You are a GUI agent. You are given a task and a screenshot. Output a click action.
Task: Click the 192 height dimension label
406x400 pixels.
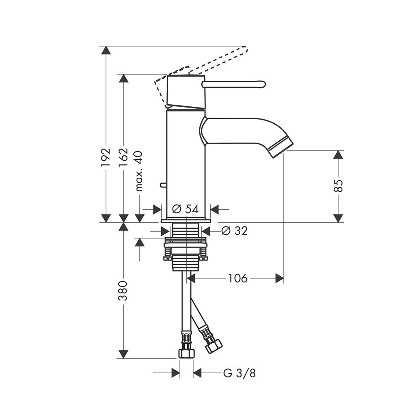(x=106, y=157)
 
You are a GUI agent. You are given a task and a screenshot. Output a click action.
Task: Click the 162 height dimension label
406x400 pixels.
(x=123, y=157)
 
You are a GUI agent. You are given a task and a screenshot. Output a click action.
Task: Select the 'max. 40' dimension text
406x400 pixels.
(x=139, y=171)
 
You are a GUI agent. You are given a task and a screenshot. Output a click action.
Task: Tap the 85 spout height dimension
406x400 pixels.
(x=338, y=186)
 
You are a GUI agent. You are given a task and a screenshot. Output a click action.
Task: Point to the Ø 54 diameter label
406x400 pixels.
(x=186, y=209)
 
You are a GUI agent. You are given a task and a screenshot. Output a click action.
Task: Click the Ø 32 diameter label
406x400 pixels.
(x=235, y=230)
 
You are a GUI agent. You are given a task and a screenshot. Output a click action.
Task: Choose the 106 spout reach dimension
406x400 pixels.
(x=238, y=278)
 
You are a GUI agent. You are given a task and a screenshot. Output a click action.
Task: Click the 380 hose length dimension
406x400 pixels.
(x=123, y=290)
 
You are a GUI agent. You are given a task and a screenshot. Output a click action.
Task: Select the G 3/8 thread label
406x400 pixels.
(x=240, y=373)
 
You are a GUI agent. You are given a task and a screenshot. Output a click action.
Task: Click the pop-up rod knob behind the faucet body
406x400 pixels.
(x=163, y=185)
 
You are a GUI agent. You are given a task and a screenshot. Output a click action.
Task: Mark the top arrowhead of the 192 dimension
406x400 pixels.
(x=106, y=50)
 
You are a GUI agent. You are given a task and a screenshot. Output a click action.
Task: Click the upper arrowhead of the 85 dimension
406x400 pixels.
(x=338, y=155)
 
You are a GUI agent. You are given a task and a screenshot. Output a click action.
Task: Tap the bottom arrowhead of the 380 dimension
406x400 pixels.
(x=123, y=354)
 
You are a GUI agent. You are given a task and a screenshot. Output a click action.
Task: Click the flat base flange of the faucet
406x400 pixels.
(x=186, y=221)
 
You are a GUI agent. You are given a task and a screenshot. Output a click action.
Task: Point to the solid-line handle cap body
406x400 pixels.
(x=186, y=92)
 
